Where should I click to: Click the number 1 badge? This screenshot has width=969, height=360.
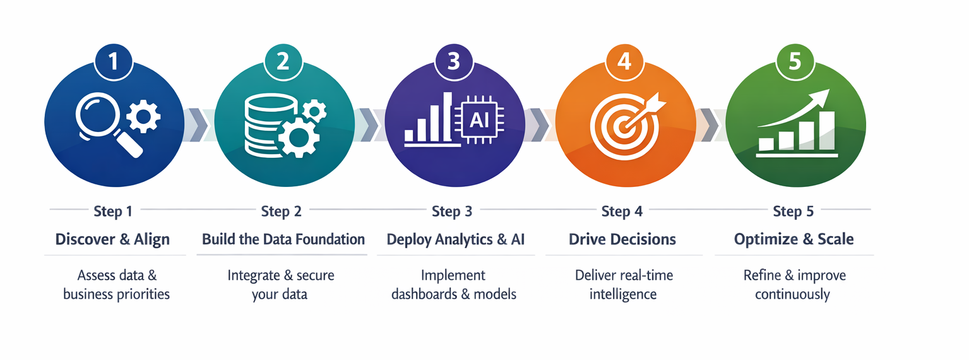[114, 61]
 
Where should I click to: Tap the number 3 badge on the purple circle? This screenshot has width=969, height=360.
[453, 61]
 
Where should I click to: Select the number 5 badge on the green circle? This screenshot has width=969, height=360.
[794, 61]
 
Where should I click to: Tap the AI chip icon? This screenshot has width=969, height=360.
[479, 120]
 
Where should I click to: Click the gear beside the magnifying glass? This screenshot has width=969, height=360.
[144, 115]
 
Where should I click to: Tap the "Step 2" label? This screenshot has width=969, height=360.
[281, 211]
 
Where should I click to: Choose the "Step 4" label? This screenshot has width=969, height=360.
[622, 211]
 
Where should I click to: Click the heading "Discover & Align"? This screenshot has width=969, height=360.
[112, 239]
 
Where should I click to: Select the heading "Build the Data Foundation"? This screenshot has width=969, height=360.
[283, 239]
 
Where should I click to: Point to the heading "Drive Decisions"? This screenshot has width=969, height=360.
[622, 239]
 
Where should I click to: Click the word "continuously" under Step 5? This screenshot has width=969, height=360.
[792, 294]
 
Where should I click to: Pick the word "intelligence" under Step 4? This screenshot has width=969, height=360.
[623, 294]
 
